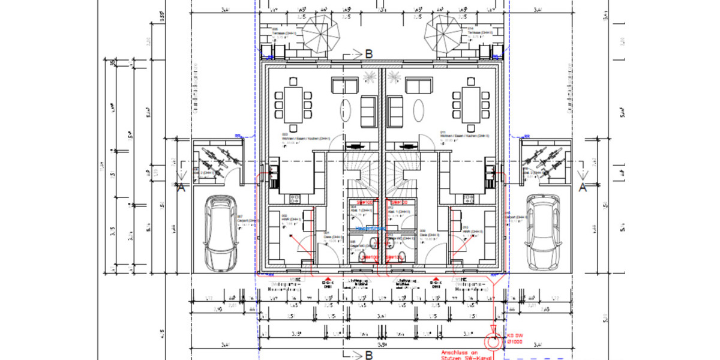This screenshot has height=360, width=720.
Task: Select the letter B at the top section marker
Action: click(368, 54)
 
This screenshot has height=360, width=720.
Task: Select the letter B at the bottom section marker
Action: click(368, 355)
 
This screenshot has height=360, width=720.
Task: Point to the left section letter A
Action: click(181, 188)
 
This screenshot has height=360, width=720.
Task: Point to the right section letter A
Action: click(581, 188)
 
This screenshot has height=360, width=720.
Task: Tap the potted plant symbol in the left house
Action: click(366, 76)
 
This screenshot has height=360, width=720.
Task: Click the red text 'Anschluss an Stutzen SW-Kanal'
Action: click(466, 356)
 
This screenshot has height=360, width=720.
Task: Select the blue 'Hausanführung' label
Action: click(370, 229)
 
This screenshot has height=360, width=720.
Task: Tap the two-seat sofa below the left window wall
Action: click(345, 86)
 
